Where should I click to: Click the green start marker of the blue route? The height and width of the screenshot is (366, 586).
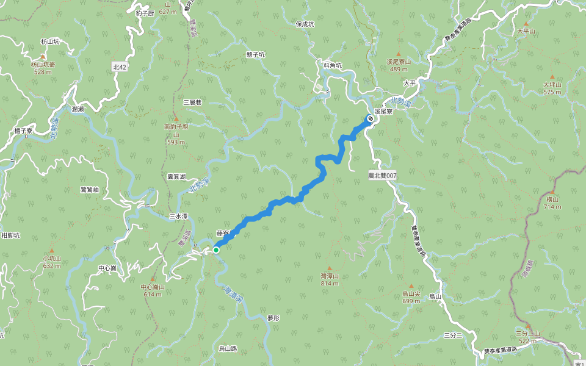click(x=216, y=249)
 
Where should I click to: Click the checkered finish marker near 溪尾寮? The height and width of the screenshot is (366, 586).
click(x=370, y=118)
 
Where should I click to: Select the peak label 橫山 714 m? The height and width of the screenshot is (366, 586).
click(x=552, y=203)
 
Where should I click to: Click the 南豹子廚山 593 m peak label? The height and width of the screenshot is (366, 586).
click(x=176, y=131)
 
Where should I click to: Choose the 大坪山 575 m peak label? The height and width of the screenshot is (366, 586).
click(x=552, y=88)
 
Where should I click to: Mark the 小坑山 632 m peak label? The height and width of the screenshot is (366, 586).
click(x=52, y=262)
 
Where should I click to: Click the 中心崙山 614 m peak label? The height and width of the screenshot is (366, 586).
click(x=152, y=290)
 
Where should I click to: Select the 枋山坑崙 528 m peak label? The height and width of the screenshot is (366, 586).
click(x=43, y=67)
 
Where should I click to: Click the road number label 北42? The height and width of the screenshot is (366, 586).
click(x=120, y=66)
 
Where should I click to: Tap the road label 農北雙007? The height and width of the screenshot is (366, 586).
click(x=382, y=175)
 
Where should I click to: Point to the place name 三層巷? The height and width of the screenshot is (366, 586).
click(x=191, y=102)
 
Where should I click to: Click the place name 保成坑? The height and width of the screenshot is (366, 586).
click(x=305, y=24)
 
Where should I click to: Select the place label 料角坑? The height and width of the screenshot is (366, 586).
click(x=333, y=65)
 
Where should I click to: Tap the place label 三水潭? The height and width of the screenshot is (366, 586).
click(x=178, y=216)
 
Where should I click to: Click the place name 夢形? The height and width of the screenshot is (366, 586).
click(x=273, y=318)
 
